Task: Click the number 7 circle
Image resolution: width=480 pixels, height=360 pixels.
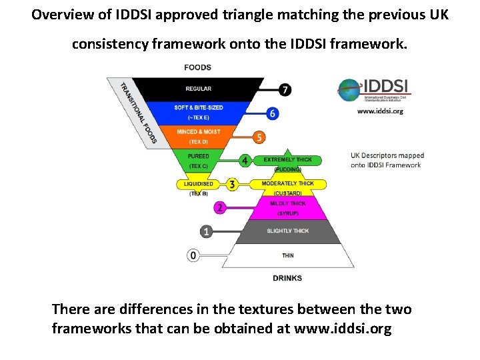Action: point(285,89)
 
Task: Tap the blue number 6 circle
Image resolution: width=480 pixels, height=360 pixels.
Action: point(272,113)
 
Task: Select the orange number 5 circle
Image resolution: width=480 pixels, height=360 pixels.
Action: point(259,137)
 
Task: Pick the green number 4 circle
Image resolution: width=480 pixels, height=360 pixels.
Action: point(245,161)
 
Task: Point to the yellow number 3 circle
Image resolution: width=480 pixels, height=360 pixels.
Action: point(231,184)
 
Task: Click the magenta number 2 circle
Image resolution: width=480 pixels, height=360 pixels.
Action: point(219,207)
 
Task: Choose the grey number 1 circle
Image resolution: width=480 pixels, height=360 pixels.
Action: point(207,231)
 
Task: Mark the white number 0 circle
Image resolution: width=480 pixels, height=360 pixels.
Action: point(193,255)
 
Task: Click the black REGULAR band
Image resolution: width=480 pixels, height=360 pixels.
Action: point(198,89)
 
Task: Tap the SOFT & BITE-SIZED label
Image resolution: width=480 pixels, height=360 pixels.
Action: point(199,107)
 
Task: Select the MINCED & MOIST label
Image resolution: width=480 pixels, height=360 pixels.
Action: point(198,132)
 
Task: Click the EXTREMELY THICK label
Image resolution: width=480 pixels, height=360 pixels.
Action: point(288,160)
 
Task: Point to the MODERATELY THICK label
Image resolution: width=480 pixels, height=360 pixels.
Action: point(288,183)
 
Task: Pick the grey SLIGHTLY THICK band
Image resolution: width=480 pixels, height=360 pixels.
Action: point(288,231)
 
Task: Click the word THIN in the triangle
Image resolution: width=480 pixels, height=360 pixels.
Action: point(288,255)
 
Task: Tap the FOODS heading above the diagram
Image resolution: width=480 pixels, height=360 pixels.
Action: point(197,67)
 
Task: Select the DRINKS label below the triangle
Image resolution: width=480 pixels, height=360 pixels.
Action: point(287,278)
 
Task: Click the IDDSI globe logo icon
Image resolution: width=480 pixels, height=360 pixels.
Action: point(349,89)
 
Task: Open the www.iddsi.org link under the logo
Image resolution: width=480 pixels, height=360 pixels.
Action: point(380,111)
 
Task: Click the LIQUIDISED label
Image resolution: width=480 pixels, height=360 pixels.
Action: point(199,184)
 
